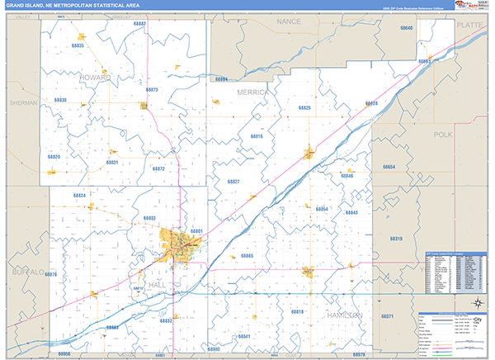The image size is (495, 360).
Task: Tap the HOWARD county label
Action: pyautogui.click(x=96, y=77)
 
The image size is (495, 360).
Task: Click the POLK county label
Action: pyautogui.click(x=443, y=134)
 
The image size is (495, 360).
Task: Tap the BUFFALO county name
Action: pyautogui.click(x=26, y=271)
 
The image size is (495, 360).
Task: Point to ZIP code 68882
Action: pyautogui.click(x=139, y=24)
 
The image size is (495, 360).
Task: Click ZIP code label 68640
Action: pyautogui.click(x=406, y=28)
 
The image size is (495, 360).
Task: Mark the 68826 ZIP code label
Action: pyautogui.click(x=304, y=108)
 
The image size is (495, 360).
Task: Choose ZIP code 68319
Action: pyautogui.click(x=396, y=239)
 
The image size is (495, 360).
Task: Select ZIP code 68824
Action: pyautogui.click(x=79, y=195)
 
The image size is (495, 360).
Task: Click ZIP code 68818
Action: pyautogui.click(x=297, y=311)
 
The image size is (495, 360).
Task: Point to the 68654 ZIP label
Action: pyautogui.click(x=389, y=167)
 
